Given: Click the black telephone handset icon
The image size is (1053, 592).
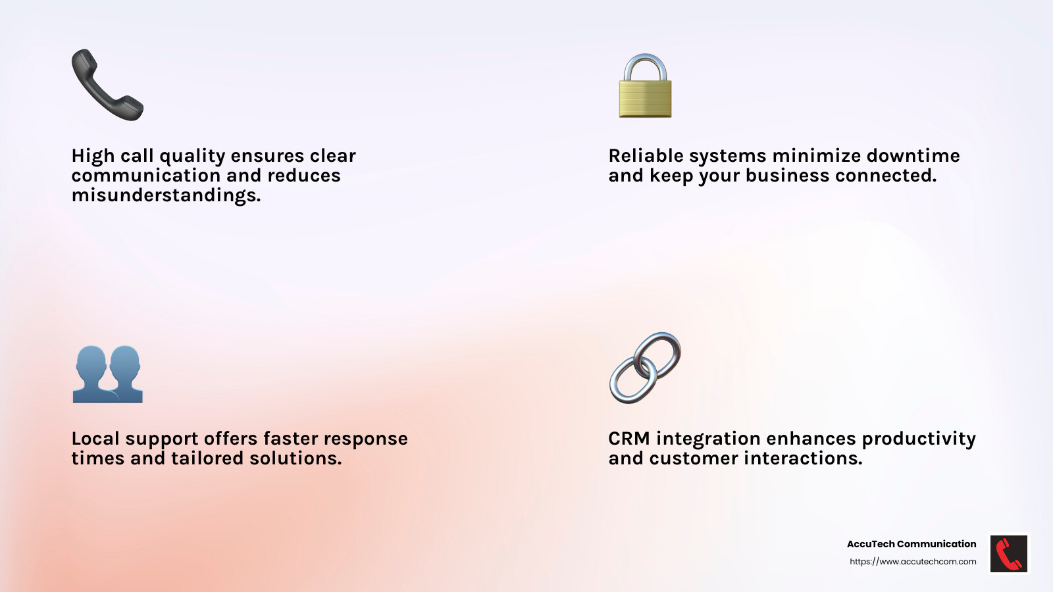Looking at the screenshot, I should pos(107,86).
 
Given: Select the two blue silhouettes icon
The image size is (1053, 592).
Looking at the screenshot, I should pos(107,374).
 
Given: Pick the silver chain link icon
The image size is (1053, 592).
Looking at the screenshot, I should pos(645,367).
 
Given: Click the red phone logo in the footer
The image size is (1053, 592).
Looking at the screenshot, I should pos(1008,553).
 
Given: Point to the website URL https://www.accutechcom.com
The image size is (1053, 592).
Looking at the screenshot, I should pos(913,562).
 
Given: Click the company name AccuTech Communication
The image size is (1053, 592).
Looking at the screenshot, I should pos(912,544).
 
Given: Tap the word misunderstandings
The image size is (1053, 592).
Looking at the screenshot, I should pos(165,195).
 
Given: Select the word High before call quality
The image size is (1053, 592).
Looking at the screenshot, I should pos(93,156).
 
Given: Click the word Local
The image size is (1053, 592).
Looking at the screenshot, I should pos(95,439).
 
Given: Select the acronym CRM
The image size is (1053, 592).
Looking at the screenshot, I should pos(629,439).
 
